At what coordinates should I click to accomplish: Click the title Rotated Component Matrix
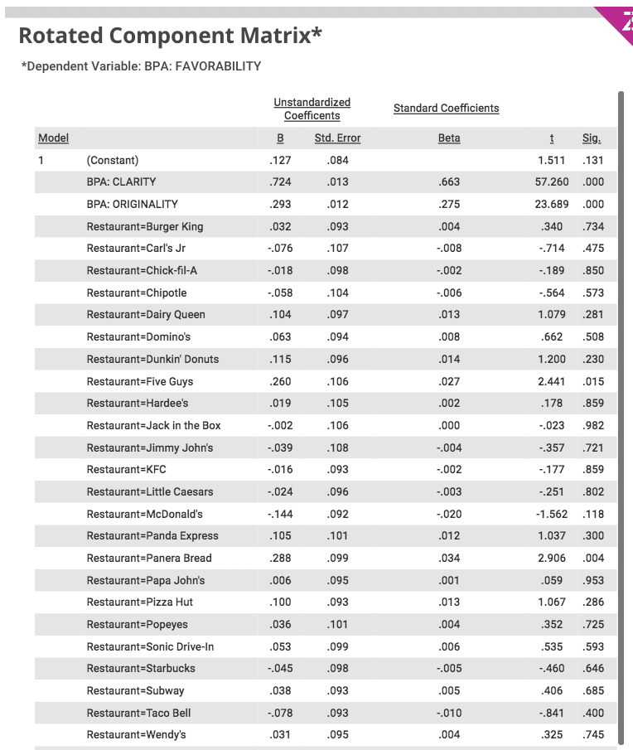[x=170, y=36]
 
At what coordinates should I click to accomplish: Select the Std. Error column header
[x=337, y=138]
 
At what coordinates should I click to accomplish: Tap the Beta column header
[x=449, y=138]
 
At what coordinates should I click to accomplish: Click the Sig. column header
[x=592, y=138]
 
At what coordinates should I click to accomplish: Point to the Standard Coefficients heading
[x=446, y=109]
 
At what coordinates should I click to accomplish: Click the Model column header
[x=53, y=138]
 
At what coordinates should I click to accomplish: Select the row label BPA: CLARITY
[x=121, y=182]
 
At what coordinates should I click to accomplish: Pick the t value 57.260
[x=553, y=182]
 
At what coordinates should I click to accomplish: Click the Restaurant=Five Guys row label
[x=140, y=381]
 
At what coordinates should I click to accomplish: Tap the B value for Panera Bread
[x=281, y=558]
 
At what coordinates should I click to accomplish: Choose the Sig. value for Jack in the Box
[x=593, y=425]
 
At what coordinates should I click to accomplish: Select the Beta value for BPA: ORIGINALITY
[x=449, y=204]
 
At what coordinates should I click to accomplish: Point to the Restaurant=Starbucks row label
[x=141, y=668]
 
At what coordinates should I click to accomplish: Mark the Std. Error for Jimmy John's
[x=337, y=448]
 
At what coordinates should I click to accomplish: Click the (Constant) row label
[x=113, y=160]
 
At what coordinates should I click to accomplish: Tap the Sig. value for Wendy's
[x=593, y=734]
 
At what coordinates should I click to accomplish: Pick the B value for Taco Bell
[x=280, y=713]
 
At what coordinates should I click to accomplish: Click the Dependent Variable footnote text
[x=141, y=66]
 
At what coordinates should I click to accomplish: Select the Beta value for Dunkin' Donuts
[x=449, y=359]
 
